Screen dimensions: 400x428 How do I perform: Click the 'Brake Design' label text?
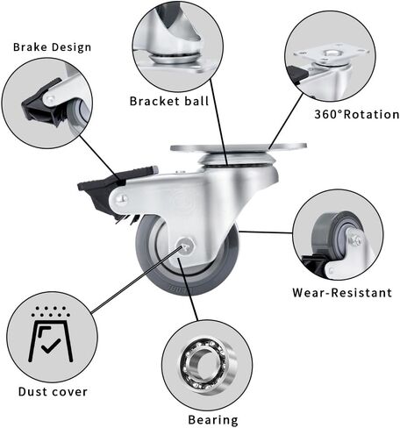click(x=52, y=47)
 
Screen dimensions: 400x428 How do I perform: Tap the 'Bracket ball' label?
click(x=169, y=101)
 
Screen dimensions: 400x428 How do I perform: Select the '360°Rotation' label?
click(x=357, y=114)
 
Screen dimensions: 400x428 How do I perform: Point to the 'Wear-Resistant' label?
click(x=342, y=293)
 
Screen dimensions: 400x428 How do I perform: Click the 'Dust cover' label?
click(x=53, y=392)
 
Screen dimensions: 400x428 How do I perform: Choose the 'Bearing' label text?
click(x=213, y=420)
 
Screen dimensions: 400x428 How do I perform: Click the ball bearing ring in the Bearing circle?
click(x=207, y=364)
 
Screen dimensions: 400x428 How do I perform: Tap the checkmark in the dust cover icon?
click(x=51, y=346)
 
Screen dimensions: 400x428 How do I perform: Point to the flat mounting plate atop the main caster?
click(x=239, y=147)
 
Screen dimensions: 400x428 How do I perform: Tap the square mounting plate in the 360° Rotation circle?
click(x=332, y=54)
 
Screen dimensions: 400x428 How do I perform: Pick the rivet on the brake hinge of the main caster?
click(x=122, y=199)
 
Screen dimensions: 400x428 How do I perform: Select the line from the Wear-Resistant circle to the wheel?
click(x=266, y=232)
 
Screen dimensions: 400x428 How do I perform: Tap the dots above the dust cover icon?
click(x=51, y=312)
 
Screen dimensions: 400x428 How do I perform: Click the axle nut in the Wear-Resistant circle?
click(x=354, y=239)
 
